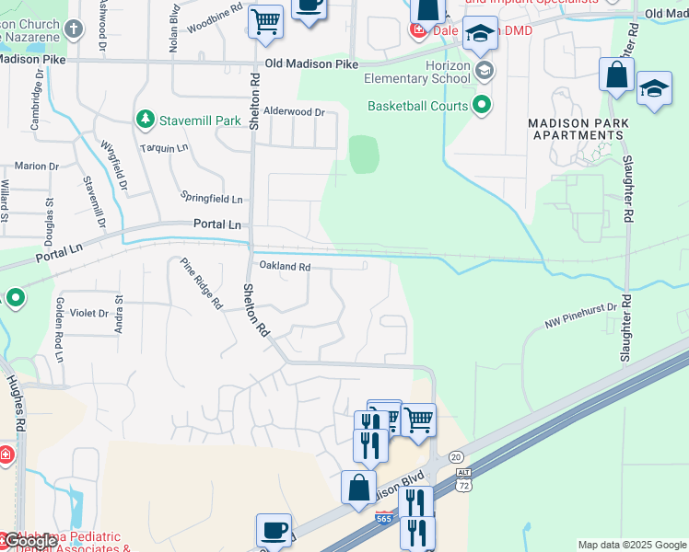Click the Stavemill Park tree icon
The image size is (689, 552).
145,120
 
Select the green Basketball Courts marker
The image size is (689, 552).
482,105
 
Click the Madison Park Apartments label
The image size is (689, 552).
578,129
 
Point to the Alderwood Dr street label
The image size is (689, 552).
295,111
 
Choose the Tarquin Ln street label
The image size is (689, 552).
164,147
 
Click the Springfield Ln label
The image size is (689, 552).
212,199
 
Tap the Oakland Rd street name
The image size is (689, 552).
285,267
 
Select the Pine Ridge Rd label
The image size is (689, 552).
202,282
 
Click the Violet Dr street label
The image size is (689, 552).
90,313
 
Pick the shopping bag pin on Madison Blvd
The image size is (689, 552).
358,488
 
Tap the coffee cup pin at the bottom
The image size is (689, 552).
274,531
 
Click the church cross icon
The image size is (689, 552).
73,29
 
